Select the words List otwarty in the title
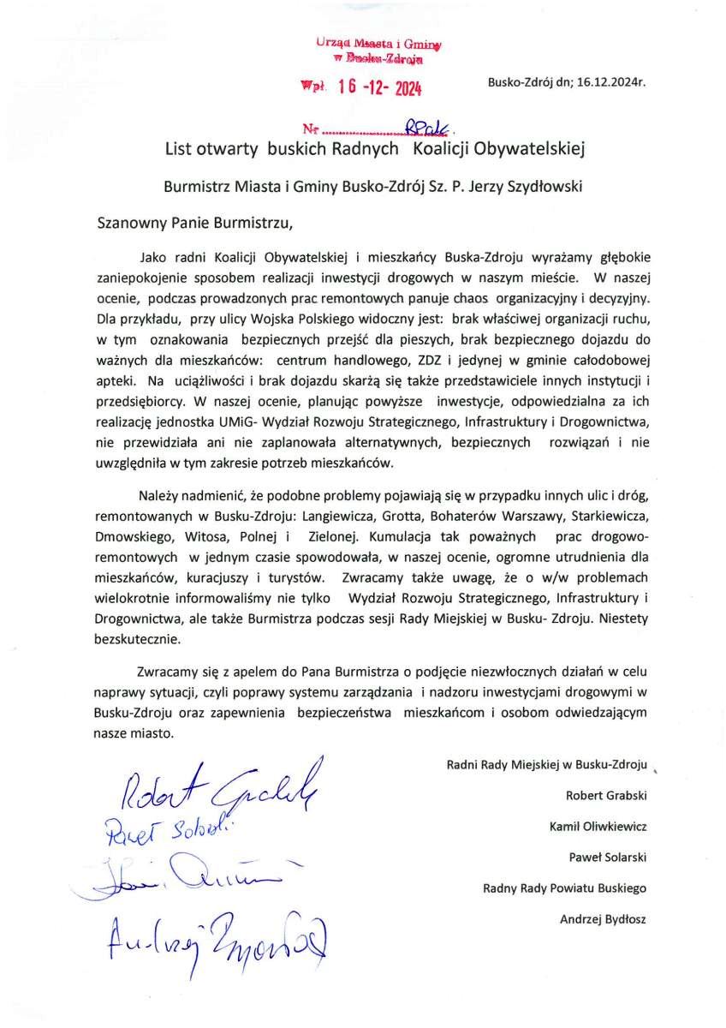tap(211, 149)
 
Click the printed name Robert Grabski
tap(606, 795)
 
